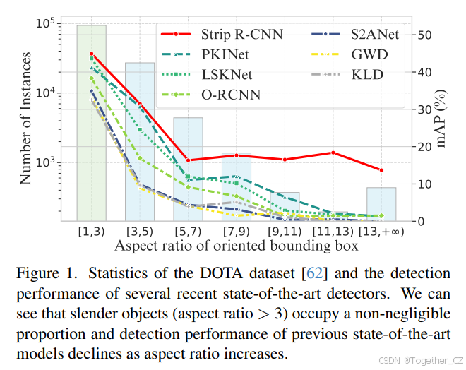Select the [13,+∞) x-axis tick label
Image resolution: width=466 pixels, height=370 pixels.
pos(381,231)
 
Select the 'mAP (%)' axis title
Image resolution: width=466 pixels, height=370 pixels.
pos(442,120)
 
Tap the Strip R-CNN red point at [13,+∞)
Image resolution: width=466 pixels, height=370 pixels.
pos(381,170)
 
